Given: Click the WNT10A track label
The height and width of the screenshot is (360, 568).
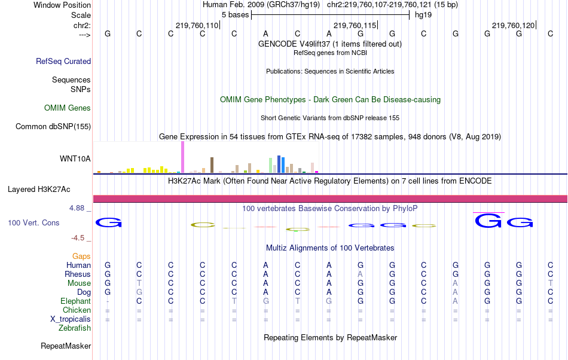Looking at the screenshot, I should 75,158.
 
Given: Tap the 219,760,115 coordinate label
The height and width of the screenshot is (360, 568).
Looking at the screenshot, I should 355,25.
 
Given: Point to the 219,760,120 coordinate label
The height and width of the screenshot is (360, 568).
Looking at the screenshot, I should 513,25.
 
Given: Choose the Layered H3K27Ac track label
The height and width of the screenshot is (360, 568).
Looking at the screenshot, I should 39,190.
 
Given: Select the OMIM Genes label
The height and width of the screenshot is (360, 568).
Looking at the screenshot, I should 68,108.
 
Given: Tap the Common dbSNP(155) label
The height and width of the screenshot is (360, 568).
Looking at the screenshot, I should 53,126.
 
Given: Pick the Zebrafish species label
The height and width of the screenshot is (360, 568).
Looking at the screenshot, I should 75,328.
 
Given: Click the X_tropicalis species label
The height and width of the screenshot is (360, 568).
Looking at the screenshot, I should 71,319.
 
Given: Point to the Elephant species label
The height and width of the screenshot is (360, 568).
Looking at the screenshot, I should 75,301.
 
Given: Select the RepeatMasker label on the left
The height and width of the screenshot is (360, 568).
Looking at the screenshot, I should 66,346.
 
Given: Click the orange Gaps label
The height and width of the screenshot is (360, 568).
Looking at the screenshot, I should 81,256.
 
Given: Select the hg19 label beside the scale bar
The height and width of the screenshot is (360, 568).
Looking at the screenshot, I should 423,14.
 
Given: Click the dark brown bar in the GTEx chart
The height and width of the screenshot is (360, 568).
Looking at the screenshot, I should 212,165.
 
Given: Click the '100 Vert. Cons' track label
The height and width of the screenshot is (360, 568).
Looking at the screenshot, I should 33,222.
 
